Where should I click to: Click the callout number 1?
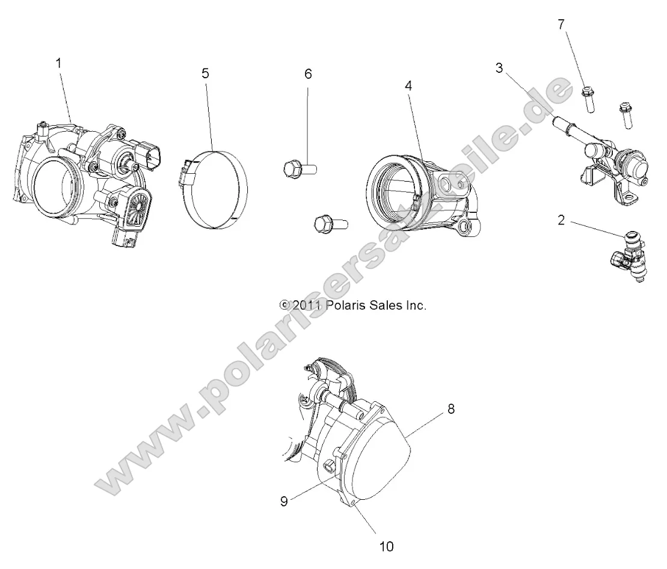59,63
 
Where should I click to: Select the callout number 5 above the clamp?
205,73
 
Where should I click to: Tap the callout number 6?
309,74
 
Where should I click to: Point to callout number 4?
408,86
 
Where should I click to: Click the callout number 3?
499,68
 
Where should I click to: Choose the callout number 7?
562,25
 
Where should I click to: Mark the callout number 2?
561,220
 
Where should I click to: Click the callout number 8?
451,409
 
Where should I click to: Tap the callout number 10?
386,546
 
